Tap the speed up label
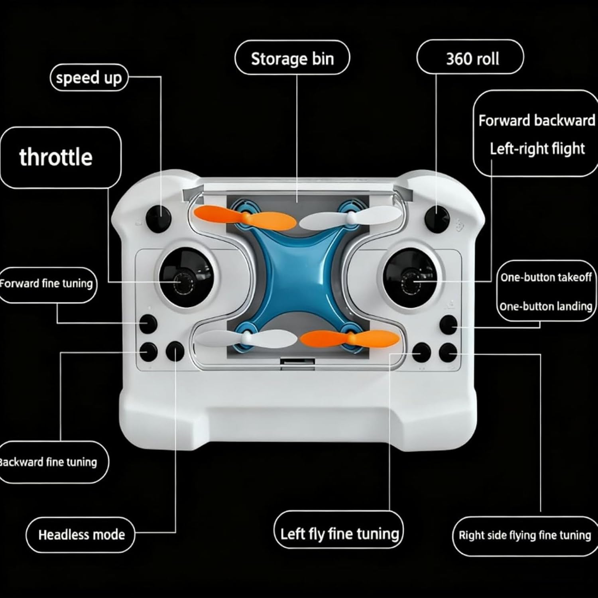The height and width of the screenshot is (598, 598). [x=89, y=77]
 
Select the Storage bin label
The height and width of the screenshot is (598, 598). [x=292, y=58]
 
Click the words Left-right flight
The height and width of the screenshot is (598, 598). [x=537, y=149]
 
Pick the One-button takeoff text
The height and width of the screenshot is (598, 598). [x=546, y=277]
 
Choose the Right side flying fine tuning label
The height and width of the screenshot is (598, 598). [x=525, y=535]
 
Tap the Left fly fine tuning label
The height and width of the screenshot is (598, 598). [x=339, y=533]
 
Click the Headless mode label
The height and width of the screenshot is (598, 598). [x=81, y=535]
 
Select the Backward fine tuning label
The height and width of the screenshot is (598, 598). [x=49, y=462]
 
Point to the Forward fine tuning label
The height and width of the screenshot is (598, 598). [x=47, y=284]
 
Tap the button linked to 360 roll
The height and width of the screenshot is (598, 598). [x=437, y=218]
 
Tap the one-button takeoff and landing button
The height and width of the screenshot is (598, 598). [x=448, y=325]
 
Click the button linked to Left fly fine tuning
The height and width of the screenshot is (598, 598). [x=421, y=352]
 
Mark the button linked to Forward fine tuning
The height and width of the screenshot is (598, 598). [x=148, y=324]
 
